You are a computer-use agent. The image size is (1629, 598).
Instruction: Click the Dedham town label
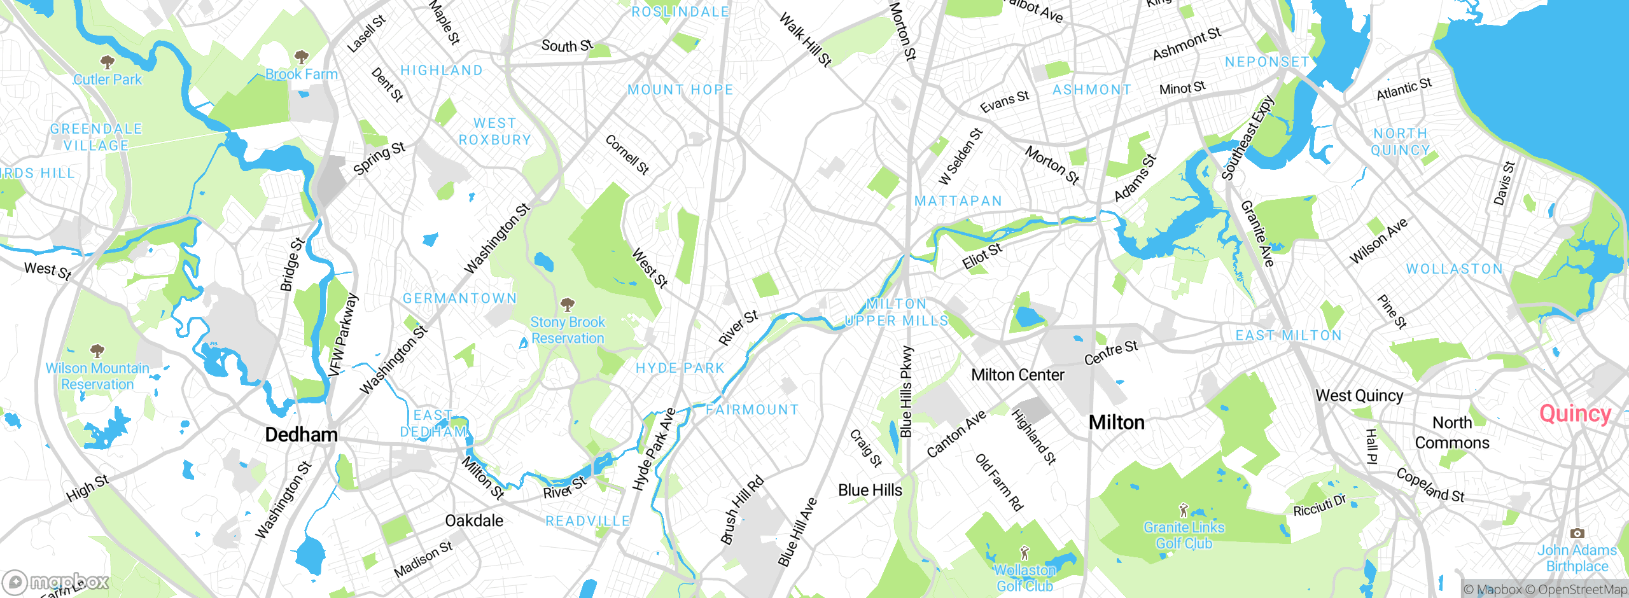(301, 435)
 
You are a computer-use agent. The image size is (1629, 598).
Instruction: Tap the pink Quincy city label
(1574, 414)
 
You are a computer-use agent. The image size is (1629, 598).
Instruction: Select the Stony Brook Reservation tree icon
(567, 304)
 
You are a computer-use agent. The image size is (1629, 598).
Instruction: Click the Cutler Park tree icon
(108, 62)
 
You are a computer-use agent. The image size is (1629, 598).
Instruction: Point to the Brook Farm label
(301, 74)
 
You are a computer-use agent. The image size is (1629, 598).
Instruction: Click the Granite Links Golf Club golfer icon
(1183, 510)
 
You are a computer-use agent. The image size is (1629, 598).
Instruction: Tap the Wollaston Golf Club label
(1024, 578)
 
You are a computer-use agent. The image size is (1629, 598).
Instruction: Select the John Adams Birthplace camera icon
(1577, 533)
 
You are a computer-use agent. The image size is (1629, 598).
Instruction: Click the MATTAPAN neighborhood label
(958, 201)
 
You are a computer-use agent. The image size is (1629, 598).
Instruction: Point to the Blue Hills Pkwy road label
(906, 391)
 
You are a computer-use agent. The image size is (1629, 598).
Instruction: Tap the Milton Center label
(1017, 375)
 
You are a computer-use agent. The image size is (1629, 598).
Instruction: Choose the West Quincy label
(1359, 396)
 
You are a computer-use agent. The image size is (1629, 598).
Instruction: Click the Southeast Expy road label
(1248, 137)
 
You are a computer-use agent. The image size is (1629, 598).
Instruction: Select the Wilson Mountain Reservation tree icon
(97, 351)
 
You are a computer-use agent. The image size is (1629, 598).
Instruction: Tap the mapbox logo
(56, 581)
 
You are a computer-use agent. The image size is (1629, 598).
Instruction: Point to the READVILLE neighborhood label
(587, 521)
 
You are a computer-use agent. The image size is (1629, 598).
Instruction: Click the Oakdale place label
(474, 521)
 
